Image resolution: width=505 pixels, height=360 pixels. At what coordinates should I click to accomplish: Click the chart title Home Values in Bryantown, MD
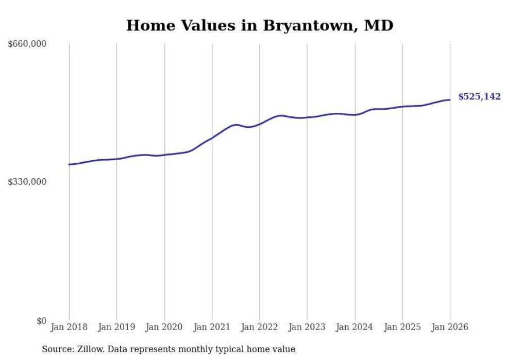pyautogui.click(x=260, y=25)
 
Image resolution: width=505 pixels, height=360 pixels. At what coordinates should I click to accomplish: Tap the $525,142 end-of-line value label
pyautogui.click(x=479, y=97)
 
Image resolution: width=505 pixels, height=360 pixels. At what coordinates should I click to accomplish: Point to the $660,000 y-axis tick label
pyautogui.click(x=27, y=44)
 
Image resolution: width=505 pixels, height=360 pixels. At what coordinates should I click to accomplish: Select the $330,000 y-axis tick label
pyautogui.click(x=27, y=182)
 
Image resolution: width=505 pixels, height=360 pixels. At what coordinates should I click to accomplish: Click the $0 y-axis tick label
pyautogui.click(x=41, y=321)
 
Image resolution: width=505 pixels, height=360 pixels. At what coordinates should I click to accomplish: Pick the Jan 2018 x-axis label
pyautogui.click(x=69, y=327)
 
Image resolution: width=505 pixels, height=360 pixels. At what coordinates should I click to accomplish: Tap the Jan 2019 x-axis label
pyautogui.click(x=116, y=327)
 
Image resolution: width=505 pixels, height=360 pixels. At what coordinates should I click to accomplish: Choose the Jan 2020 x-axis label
pyautogui.click(x=164, y=327)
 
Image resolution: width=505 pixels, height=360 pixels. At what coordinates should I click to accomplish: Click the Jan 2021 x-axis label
pyautogui.click(x=212, y=327)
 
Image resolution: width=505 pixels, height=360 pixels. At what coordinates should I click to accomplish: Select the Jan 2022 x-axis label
pyautogui.click(x=260, y=327)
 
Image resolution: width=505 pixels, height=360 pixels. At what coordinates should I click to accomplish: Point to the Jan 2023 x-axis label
pyautogui.click(x=307, y=327)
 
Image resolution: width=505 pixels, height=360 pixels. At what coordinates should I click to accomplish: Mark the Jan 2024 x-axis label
pyautogui.click(x=355, y=327)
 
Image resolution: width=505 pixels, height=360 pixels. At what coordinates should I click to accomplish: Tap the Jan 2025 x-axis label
pyautogui.click(x=402, y=327)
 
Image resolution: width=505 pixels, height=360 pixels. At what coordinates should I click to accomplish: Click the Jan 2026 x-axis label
pyautogui.click(x=450, y=327)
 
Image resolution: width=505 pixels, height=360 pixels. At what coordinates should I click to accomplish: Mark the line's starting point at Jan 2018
pyautogui.click(x=69, y=164)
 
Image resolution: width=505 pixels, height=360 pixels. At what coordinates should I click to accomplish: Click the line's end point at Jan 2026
pyautogui.click(x=450, y=100)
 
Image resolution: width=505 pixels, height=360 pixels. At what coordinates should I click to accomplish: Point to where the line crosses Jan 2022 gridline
pyautogui.click(x=260, y=124)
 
